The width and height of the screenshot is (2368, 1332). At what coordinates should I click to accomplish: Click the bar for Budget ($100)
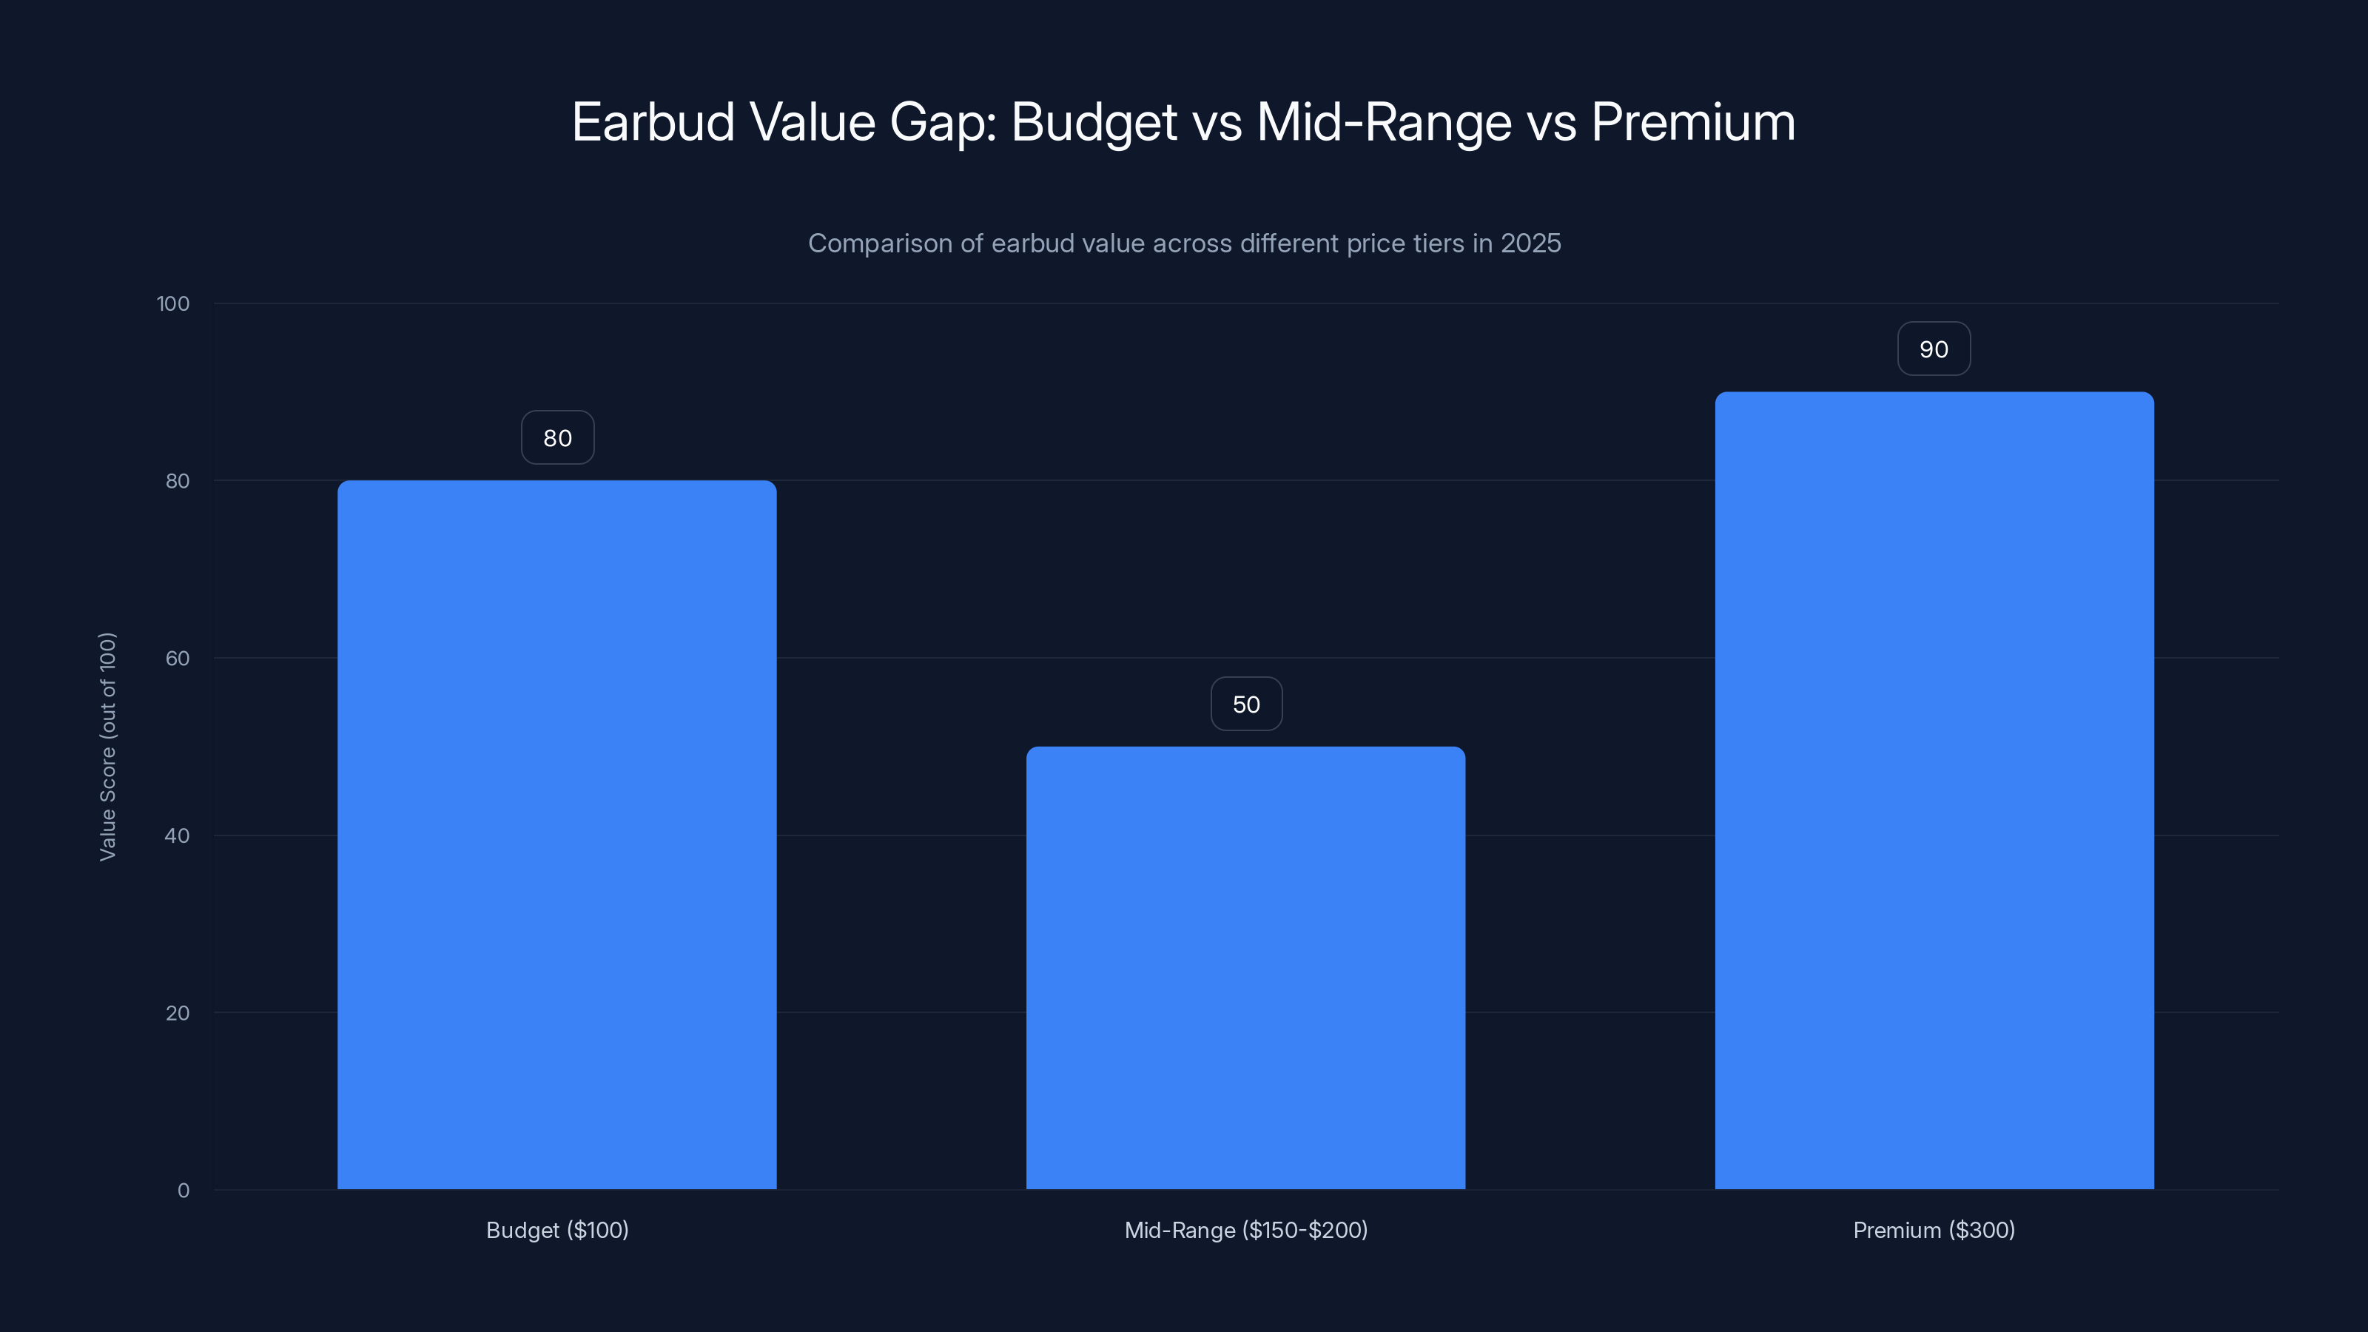coord(556,835)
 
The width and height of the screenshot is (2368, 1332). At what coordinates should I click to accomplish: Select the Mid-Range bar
coord(1245,967)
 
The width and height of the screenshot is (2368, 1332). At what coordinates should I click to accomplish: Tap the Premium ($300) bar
coord(1934,790)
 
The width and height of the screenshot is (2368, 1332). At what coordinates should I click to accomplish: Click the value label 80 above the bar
coord(557,437)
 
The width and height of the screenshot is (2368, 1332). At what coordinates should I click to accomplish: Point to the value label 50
coord(1245,704)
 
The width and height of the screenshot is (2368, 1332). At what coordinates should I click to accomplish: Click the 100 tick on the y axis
coord(173,303)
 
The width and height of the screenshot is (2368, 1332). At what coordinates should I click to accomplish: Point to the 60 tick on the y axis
coord(178,658)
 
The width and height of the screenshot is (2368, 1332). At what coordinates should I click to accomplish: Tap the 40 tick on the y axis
coord(178,835)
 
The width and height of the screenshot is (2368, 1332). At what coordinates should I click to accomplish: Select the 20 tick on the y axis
coord(178,1013)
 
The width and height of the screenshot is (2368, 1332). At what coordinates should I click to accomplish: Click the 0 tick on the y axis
coord(183,1191)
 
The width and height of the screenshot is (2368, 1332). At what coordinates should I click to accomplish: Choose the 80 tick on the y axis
coord(178,481)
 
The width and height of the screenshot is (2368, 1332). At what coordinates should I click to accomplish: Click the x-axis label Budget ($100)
coord(557,1230)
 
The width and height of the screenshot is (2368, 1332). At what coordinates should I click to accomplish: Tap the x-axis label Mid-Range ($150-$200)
coord(1245,1230)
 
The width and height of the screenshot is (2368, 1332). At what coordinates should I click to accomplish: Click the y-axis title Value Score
coord(107,747)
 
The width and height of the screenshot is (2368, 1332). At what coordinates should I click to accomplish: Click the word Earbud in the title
coord(653,122)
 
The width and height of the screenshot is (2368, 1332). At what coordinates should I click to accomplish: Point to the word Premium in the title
coord(1692,122)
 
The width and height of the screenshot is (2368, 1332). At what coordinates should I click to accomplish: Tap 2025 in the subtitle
coord(1530,243)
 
